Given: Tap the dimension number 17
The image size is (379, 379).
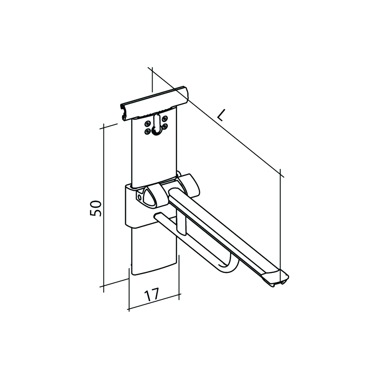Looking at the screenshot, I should [x=151, y=294].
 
